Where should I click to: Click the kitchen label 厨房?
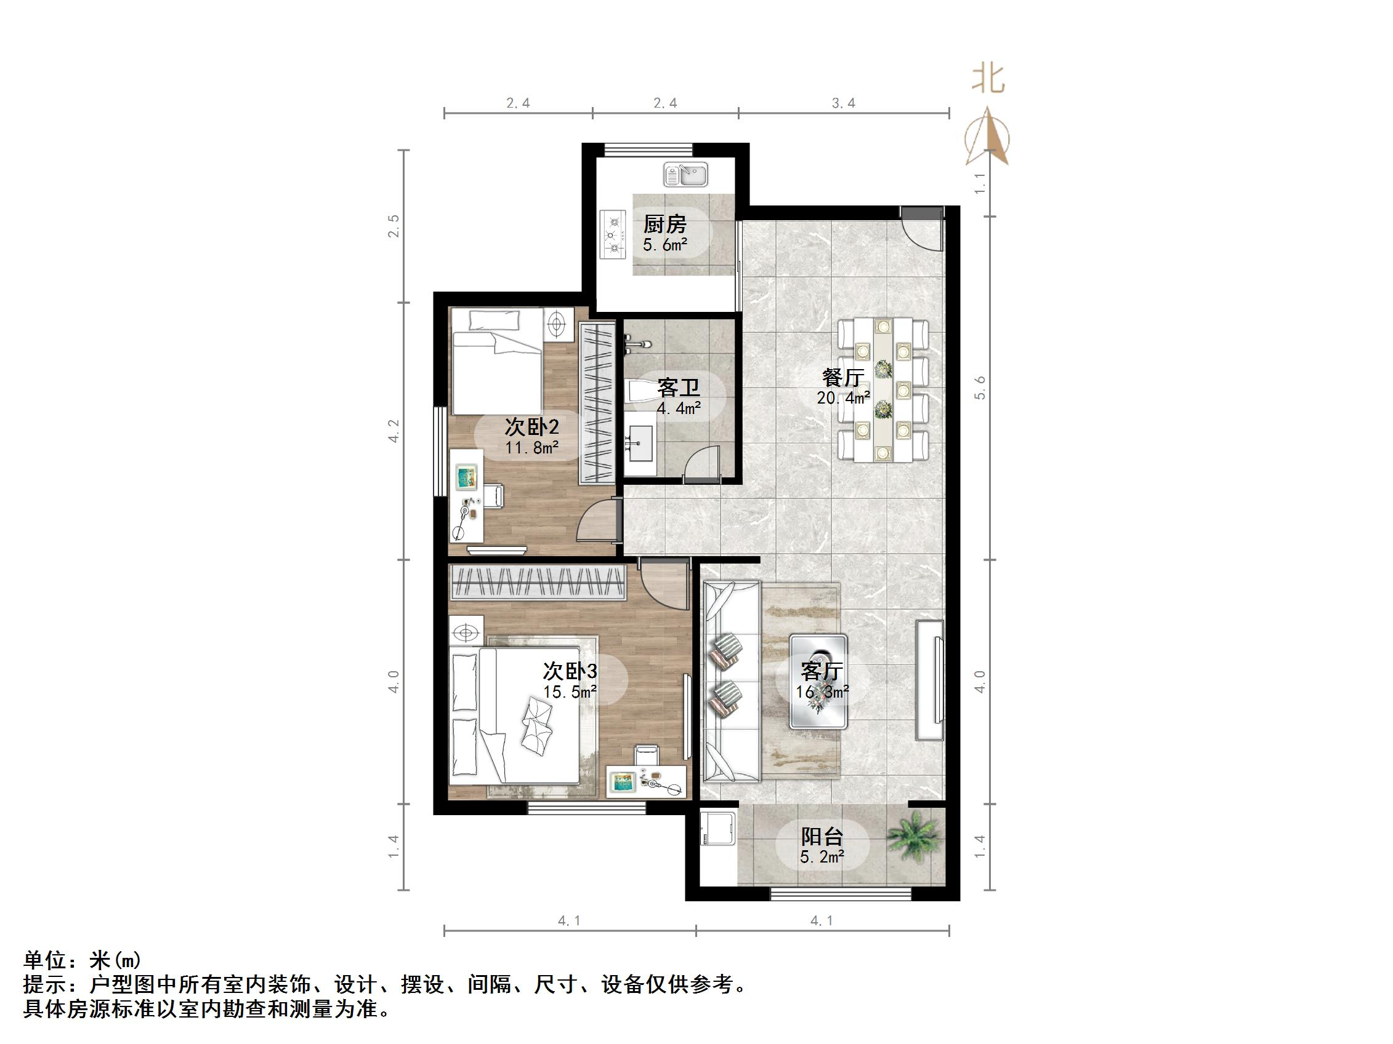(x=664, y=224)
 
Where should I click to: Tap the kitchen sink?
(x=686, y=174)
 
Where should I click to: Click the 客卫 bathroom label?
(x=678, y=388)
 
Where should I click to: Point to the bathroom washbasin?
(x=642, y=443)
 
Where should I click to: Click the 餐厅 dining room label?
(x=842, y=378)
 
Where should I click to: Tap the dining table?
(x=882, y=389)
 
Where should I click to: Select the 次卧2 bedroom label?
(x=531, y=428)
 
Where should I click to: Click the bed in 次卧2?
(x=497, y=362)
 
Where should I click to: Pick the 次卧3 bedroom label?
(x=570, y=671)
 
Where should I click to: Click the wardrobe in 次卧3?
(x=538, y=583)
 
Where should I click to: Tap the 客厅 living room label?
(x=822, y=671)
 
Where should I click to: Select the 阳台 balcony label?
(x=822, y=837)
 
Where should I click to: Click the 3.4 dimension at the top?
(x=843, y=103)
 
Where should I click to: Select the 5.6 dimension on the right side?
(x=980, y=388)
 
